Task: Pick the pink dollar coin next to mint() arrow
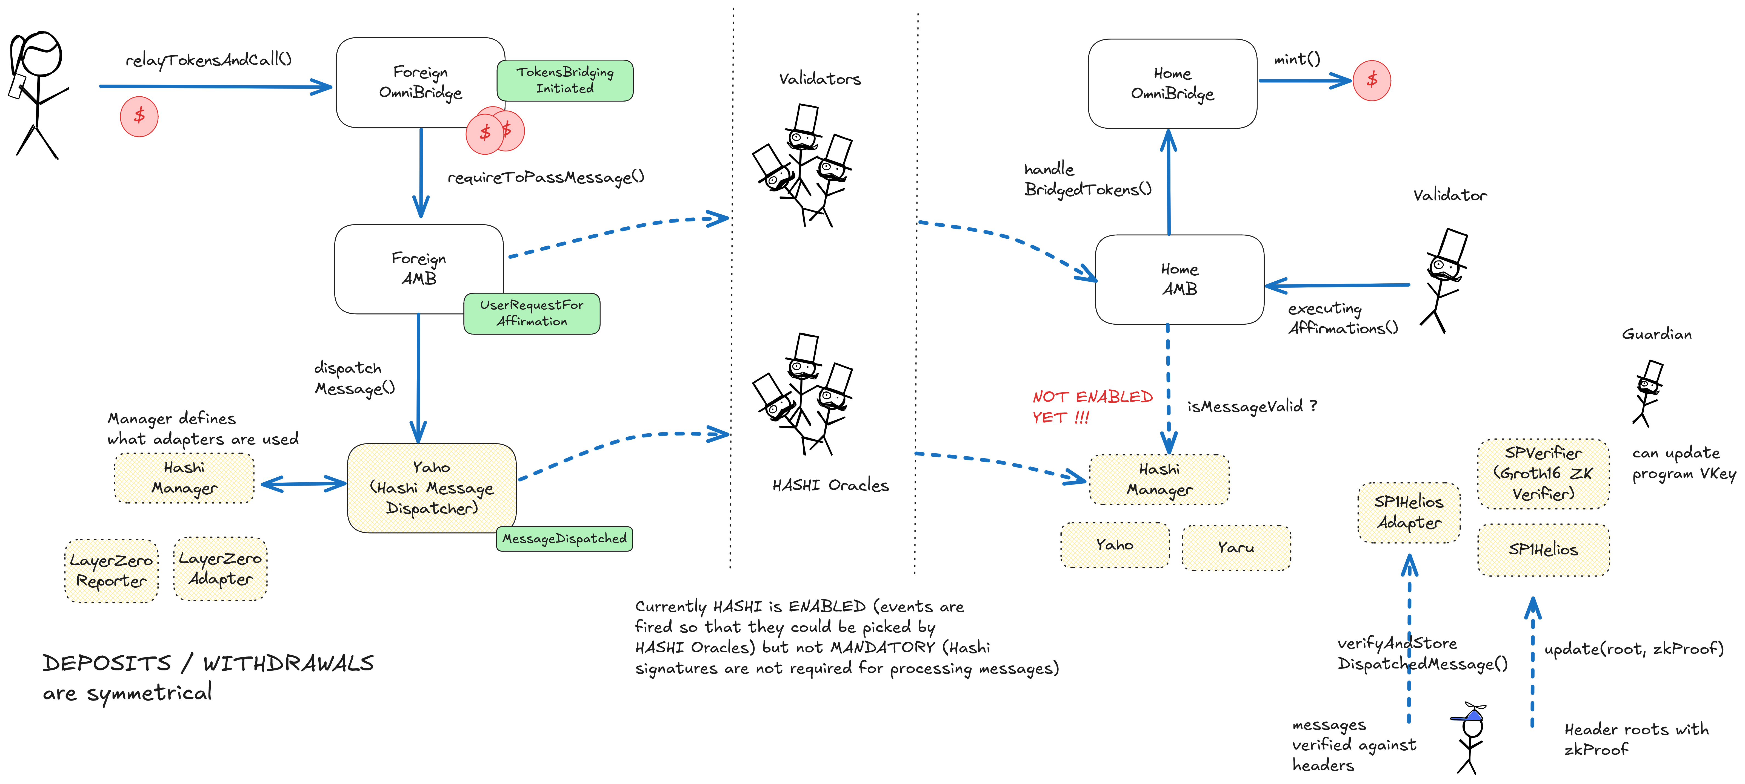coord(1372,80)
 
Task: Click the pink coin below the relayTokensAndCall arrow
coord(139,116)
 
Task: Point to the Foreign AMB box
coord(419,269)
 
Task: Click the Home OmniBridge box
coord(1172,83)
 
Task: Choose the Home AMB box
coord(1179,279)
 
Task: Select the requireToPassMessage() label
coord(545,177)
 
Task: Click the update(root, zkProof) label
coord(1633,648)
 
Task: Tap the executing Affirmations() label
coord(1342,318)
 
